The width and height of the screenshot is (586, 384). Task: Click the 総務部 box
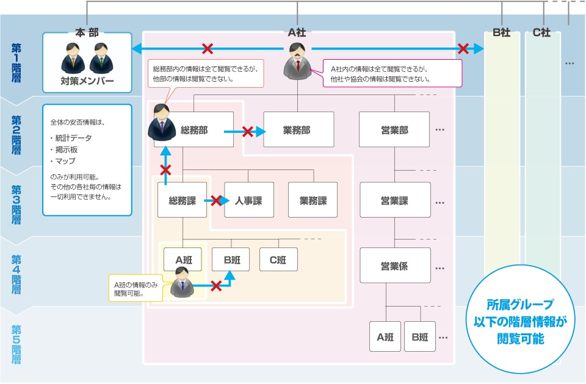(x=194, y=129)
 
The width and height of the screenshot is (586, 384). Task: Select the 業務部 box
(x=298, y=129)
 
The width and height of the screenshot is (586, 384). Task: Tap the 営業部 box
(x=394, y=129)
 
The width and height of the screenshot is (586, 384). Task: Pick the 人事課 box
(x=249, y=200)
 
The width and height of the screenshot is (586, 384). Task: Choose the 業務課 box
(x=313, y=200)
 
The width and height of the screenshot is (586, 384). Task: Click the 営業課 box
(x=395, y=200)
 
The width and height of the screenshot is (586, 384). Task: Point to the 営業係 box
(x=395, y=265)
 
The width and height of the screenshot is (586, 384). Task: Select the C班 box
(x=278, y=260)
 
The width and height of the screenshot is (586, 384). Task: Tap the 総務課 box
(x=182, y=200)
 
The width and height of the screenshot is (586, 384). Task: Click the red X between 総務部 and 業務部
(x=247, y=132)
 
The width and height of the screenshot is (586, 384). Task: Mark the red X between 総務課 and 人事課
(x=216, y=201)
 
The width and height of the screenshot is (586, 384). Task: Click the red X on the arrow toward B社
(x=463, y=49)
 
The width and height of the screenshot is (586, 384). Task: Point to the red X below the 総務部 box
(x=165, y=170)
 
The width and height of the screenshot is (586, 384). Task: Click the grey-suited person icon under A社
(x=297, y=61)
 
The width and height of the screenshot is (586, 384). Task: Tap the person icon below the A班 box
(x=182, y=283)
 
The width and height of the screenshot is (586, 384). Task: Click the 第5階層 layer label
(x=16, y=344)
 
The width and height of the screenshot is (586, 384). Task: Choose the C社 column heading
(x=542, y=32)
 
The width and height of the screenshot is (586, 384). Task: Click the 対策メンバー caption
(x=87, y=80)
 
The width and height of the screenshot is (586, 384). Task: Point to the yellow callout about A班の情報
(x=136, y=288)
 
